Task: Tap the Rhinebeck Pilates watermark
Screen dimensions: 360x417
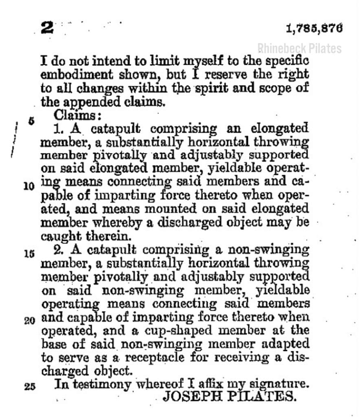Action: (299, 49)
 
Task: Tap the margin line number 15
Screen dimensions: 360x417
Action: (29, 254)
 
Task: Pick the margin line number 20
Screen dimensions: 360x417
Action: (29, 320)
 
